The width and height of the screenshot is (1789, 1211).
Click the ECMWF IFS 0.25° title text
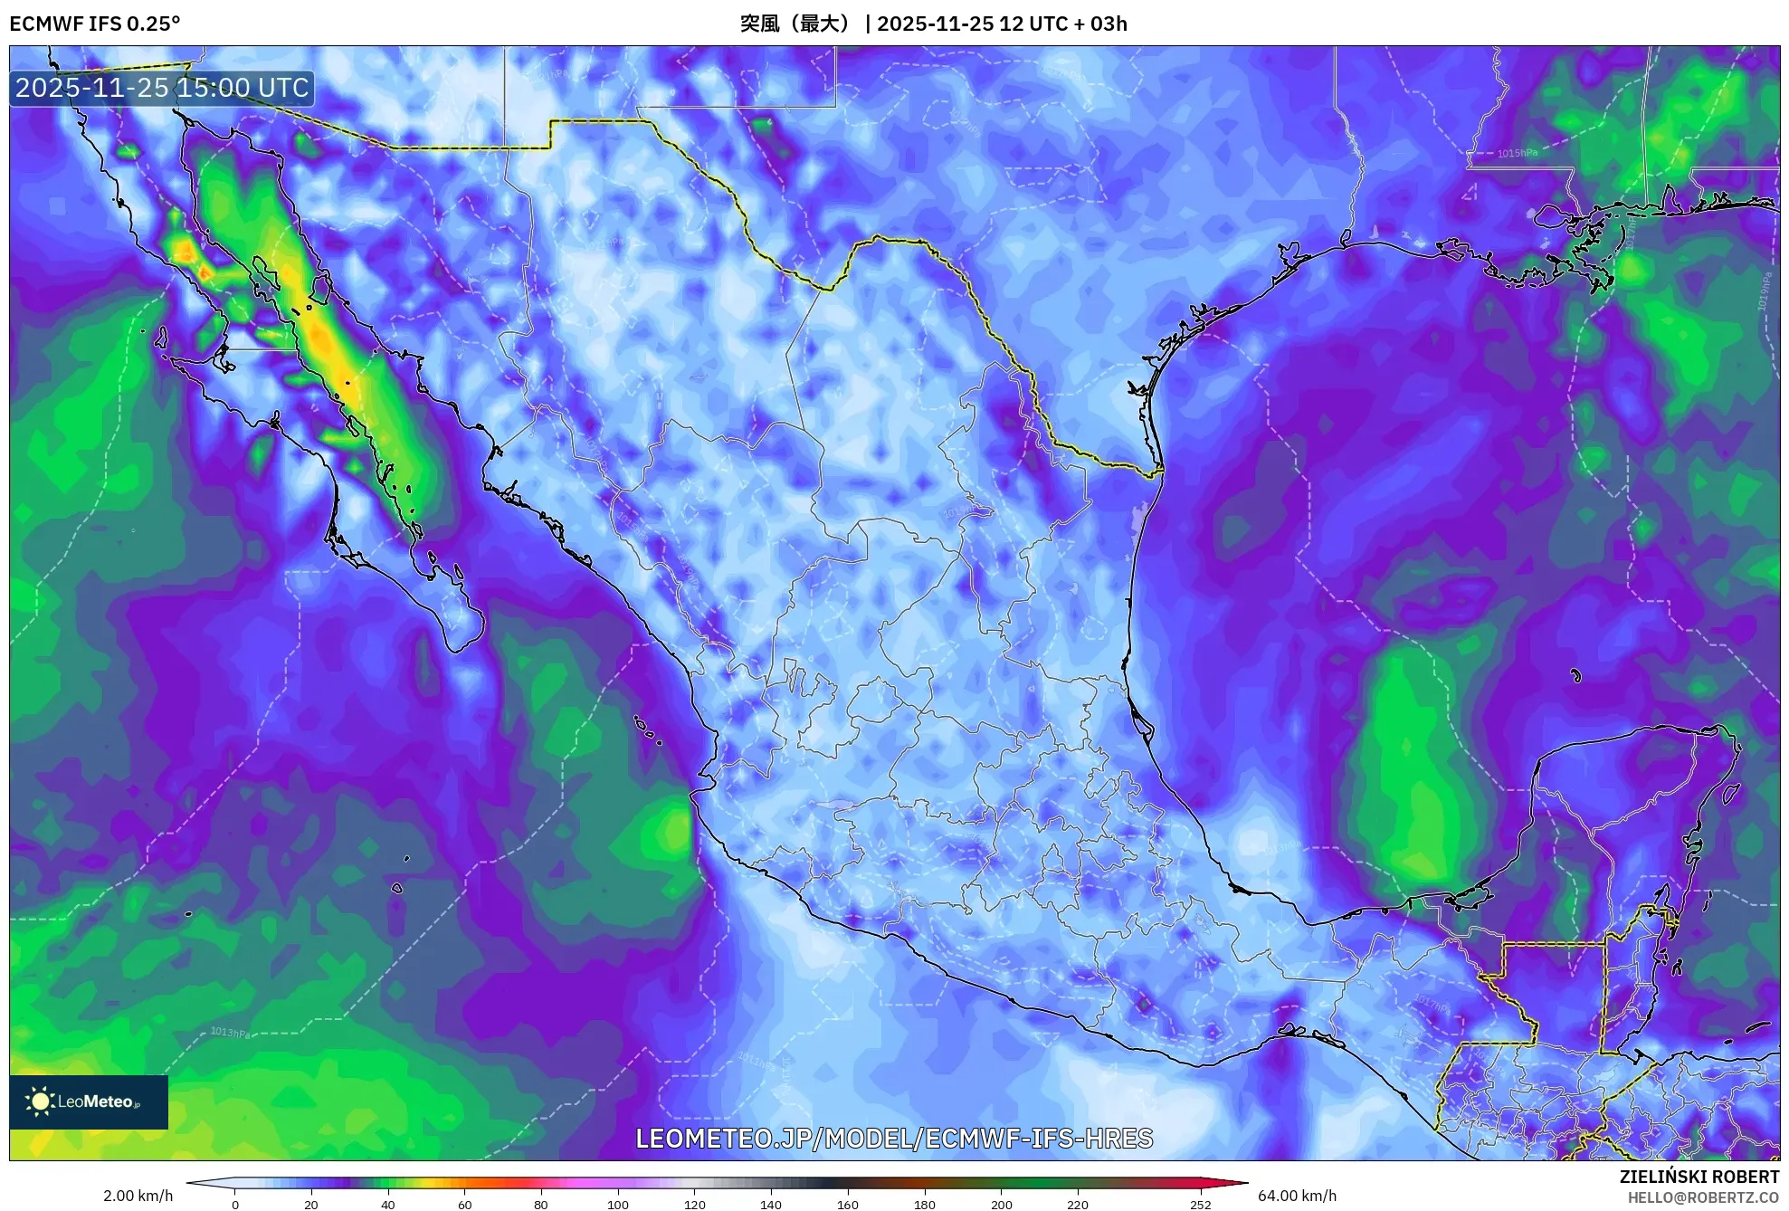[95, 24]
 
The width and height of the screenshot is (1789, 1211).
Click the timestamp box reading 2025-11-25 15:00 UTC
[162, 88]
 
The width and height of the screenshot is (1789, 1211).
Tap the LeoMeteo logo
[89, 1101]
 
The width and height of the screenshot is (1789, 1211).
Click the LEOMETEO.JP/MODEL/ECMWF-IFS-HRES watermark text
[894, 1139]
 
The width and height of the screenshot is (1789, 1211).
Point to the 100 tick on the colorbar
[617, 1204]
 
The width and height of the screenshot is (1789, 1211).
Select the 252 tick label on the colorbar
[1200, 1204]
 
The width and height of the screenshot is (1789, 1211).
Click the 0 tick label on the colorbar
[235, 1204]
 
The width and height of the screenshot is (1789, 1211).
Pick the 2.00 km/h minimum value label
[138, 1196]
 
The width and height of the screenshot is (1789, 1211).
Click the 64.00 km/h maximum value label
[1297, 1196]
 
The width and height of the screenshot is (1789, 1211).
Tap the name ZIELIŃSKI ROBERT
[1699, 1177]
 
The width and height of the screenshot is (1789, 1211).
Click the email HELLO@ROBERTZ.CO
[1703, 1197]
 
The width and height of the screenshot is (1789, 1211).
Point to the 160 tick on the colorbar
[847, 1204]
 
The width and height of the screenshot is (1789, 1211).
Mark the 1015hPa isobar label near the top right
[1517, 154]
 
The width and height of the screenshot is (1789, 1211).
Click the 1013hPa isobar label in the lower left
[230, 1033]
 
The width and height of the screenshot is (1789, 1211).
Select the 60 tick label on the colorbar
[464, 1204]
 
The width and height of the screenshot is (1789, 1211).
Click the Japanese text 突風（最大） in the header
[795, 24]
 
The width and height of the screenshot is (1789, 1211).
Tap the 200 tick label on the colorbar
[1001, 1204]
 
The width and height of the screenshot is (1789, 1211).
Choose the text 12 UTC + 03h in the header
[1063, 24]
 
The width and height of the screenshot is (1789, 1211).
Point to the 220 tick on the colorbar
[1077, 1204]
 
